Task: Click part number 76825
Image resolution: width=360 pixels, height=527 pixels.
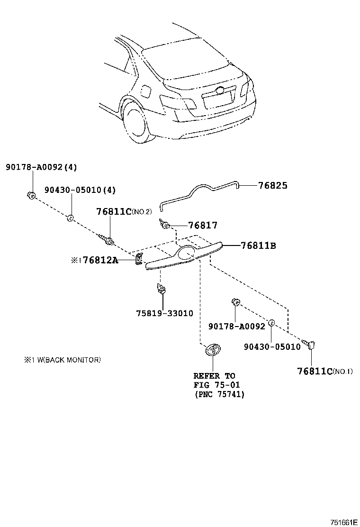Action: [x=272, y=185]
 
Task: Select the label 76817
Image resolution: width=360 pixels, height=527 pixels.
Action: [x=203, y=226]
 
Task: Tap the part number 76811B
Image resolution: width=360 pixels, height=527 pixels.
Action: [x=258, y=245]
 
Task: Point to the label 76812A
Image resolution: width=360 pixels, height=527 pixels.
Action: [x=100, y=260]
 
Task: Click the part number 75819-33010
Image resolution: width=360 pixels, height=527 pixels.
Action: [x=164, y=314]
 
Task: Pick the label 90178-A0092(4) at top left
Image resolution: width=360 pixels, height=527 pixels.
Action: [x=41, y=167]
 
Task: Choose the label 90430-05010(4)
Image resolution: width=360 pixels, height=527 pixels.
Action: [x=80, y=190]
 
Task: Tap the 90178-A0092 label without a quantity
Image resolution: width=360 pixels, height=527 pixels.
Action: [x=237, y=327]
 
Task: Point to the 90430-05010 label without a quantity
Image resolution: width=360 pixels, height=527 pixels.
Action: [x=272, y=346]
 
